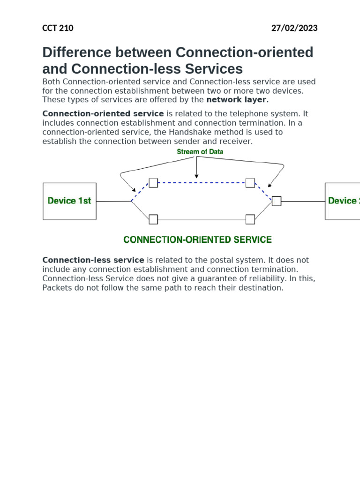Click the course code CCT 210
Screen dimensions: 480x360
point(58,28)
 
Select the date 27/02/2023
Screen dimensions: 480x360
point(294,28)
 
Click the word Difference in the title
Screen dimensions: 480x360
point(75,52)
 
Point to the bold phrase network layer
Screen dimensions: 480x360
point(237,100)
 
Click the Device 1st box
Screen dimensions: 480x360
point(69,201)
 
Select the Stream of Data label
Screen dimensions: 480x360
point(200,152)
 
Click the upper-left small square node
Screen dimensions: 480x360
point(153,183)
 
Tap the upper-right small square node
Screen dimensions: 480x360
point(250,183)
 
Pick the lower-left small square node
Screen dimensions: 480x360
point(153,219)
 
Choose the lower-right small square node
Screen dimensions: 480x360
point(250,219)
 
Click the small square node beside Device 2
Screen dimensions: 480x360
point(277,201)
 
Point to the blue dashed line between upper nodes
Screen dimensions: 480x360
point(202,183)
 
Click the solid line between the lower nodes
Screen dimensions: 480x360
point(202,219)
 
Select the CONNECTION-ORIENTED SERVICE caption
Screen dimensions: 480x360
point(197,240)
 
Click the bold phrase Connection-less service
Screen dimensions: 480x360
point(93,260)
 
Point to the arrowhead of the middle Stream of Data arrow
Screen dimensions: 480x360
point(196,176)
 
